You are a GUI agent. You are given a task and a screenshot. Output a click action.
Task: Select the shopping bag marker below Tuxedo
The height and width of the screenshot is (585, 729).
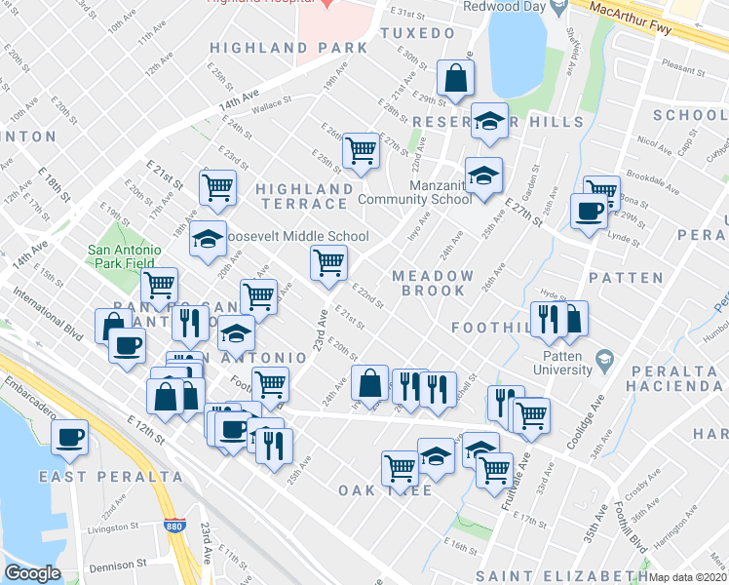pos(455,77)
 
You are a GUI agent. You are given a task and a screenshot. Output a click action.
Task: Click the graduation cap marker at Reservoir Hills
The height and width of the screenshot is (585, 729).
pos(488,121)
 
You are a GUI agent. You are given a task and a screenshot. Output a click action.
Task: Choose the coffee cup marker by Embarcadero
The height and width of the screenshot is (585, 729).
pos(69,438)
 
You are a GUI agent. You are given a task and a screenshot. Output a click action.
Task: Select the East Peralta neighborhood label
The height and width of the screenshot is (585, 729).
pos(110,477)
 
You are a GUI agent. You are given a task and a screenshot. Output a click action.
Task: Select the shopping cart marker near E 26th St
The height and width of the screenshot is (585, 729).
pos(361,150)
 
